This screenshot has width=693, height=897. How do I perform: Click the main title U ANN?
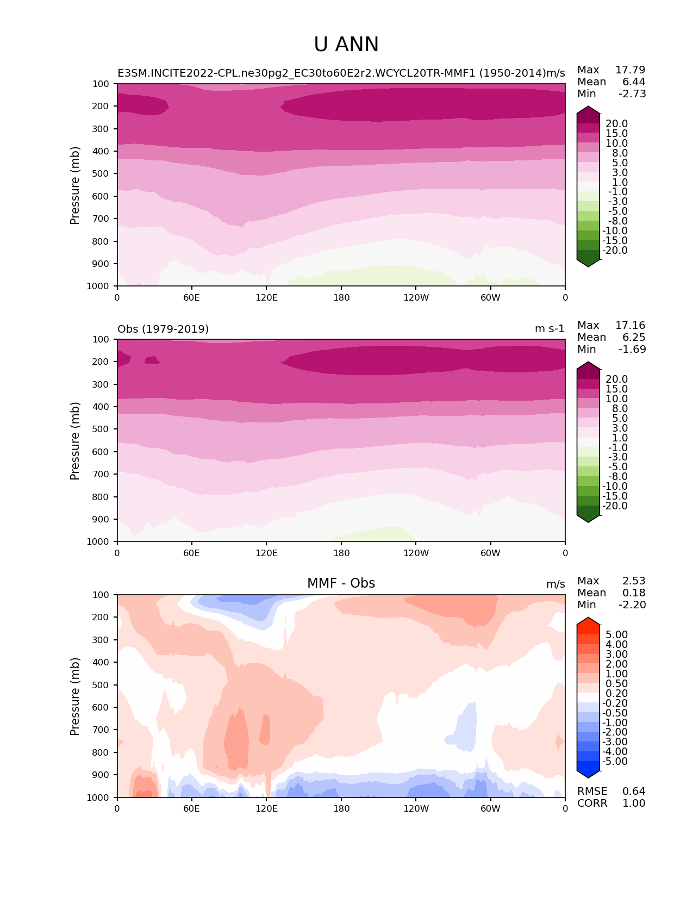pos(346,45)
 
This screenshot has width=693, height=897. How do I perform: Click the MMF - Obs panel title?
pos(341,583)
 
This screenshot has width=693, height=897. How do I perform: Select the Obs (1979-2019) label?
pos(163,329)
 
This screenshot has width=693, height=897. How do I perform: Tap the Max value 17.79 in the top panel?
pos(630,70)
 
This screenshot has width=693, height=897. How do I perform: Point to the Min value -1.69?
pos(632,349)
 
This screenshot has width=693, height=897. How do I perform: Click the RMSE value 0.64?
pos(634,791)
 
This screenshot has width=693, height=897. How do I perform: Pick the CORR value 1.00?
pos(634,803)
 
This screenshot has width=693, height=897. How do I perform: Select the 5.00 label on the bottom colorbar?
pos(616,634)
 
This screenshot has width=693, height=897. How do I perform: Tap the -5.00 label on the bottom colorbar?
pos(615,761)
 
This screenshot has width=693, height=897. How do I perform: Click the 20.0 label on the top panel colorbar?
pos(616,123)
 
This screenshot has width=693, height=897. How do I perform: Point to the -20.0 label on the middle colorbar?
pos(615,506)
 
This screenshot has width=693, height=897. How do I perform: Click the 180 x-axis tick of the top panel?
pos(341,297)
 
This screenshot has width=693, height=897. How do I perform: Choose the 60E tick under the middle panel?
pos(191,553)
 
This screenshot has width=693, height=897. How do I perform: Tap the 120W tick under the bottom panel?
pos(416,808)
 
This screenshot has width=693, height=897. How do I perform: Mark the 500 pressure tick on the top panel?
pos(101,173)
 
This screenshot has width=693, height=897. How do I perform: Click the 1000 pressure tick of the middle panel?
pos(99,541)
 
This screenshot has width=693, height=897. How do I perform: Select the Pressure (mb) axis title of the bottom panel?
pos(75,696)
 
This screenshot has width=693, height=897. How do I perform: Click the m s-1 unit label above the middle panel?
pos(550,329)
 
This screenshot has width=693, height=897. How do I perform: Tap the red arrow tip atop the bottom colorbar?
pos(588,621)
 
